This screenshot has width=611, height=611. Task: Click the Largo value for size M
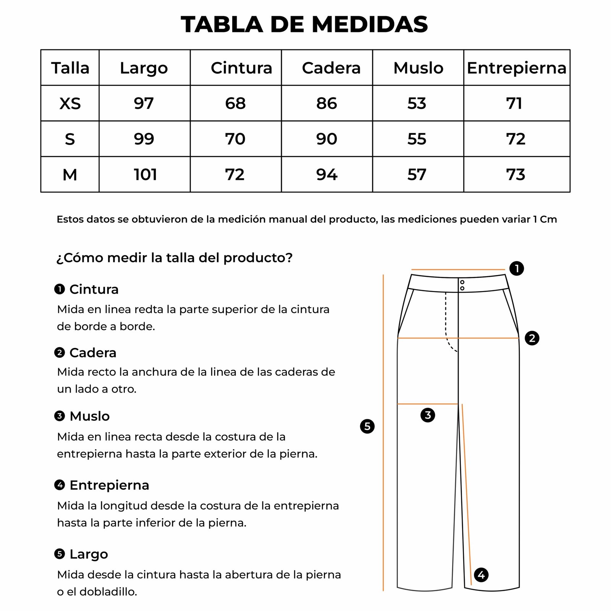point(145,175)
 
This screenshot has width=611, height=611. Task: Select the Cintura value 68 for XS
point(235,103)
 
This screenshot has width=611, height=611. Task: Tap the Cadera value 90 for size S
point(327,139)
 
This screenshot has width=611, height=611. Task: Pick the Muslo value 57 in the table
point(417,175)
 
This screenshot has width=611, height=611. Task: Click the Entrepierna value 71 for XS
point(514,103)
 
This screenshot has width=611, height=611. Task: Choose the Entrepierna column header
point(516,68)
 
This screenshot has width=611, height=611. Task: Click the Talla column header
point(70,68)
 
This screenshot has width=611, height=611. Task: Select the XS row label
point(70,103)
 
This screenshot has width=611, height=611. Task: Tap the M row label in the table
point(70,175)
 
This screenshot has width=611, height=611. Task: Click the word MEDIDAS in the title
point(370,24)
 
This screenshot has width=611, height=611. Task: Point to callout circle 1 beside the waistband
point(517,268)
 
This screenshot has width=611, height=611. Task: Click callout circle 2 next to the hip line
point(532,338)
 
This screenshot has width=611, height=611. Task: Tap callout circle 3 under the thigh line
point(428,415)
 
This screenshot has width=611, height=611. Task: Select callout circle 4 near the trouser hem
point(481,574)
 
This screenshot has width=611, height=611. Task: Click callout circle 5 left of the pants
point(367,426)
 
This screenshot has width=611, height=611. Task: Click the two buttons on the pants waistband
point(462,285)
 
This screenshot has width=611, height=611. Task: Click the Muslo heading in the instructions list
point(89,416)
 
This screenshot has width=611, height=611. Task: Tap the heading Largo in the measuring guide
point(89,554)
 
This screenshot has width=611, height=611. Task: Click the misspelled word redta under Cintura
point(149,309)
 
